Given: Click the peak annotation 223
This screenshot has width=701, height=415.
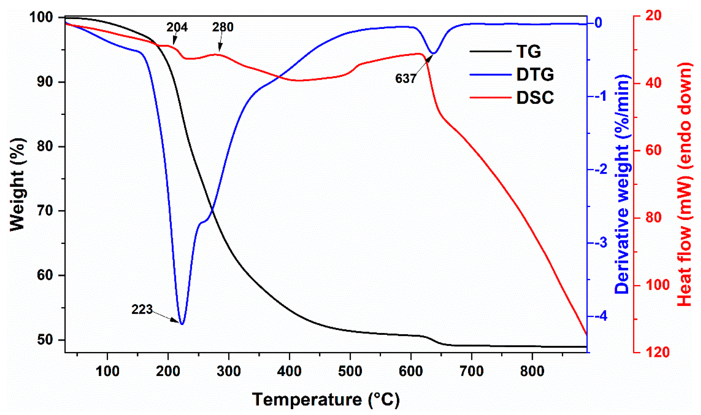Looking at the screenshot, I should tap(142, 309).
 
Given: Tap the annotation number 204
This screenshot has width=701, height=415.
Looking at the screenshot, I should tap(177, 27).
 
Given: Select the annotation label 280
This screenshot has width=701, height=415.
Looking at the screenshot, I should tap(223, 27).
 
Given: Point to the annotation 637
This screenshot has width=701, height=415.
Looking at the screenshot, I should tap(406, 78).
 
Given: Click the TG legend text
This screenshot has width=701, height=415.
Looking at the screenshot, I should tap(528, 52).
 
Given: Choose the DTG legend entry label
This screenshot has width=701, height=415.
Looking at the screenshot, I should tap(535, 75).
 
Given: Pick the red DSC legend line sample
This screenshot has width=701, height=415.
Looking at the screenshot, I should tap(490, 98).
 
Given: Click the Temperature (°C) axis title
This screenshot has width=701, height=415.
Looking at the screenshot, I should tap(326, 400).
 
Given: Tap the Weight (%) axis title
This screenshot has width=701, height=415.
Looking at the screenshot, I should tap(17, 185).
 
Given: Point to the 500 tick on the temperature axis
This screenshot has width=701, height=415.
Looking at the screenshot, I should tap(350, 371).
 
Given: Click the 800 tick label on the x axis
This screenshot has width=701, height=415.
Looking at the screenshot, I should tap(532, 371).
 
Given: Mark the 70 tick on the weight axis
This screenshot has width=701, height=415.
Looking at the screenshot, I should tap(45, 211).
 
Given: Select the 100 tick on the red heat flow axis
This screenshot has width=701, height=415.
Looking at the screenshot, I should tap(656, 285).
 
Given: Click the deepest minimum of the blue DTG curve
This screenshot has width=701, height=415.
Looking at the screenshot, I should tap(182, 324).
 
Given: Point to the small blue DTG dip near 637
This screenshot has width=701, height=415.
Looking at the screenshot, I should tap(434, 53).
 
